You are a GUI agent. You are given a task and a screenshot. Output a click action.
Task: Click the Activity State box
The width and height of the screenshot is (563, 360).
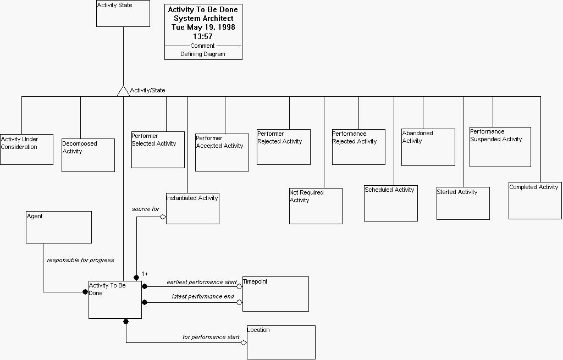tap(123, 14)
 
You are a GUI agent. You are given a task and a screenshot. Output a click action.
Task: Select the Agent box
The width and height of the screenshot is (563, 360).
tap(59, 227)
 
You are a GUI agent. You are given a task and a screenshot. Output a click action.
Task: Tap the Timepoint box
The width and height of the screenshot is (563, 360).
tap(275, 294)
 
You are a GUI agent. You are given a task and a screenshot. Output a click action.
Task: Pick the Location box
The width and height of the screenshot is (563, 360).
tap(281, 342)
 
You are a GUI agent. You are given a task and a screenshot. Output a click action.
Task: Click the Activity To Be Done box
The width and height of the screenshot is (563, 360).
tap(115, 300)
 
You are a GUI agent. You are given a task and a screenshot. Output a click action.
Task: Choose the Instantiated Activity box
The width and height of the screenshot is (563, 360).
tap(192, 208)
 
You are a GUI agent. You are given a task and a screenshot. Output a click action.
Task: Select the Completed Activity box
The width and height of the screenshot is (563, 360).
tap(535, 201)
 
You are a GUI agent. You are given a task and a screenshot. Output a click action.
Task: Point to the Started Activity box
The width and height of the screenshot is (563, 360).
tap(463, 203)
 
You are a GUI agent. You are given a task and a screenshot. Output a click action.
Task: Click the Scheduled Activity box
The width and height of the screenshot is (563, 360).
tap(391, 203)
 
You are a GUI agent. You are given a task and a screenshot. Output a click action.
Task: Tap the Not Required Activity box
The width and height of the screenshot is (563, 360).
tap(316, 206)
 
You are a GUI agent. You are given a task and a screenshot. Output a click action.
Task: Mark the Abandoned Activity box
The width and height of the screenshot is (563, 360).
tap(428, 147)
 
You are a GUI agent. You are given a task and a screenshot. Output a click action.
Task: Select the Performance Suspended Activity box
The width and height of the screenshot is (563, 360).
tap(500, 147)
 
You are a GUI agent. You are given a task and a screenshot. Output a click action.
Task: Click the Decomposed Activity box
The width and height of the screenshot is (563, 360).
tap(88, 155)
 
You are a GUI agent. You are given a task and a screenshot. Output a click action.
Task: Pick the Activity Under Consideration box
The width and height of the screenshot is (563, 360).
tap(26, 149)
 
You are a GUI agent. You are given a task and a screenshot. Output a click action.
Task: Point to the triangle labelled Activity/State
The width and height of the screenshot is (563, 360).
tap(123, 91)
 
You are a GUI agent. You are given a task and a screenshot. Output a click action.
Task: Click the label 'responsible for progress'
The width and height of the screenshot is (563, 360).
tap(80, 260)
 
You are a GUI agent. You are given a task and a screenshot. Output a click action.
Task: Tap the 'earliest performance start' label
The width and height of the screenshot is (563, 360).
tap(202, 282)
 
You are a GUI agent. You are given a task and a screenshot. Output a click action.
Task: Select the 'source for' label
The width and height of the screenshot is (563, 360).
tap(145, 209)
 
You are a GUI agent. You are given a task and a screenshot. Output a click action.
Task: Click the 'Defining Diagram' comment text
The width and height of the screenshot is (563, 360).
tap(203, 54)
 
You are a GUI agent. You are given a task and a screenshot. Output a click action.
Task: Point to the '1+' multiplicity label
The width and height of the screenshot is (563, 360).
tap(145, 274)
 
